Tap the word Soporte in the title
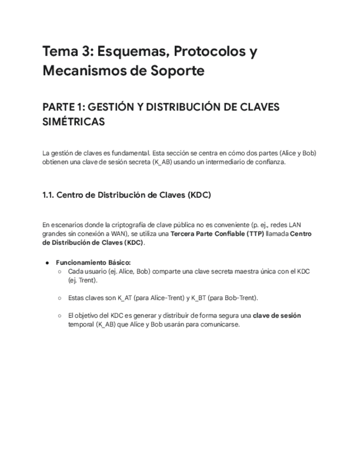click(x=179, y=71)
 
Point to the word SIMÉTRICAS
click(x=73, y=123)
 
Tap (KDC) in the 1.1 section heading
click(x=199, y=195)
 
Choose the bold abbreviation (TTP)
click(x=249, y=234)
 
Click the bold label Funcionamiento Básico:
click(x=93, y=263)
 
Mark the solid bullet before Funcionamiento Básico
click(x=48, y=263)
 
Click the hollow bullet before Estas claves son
click(x=59, y=298)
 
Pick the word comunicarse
click(x=220, y=324)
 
